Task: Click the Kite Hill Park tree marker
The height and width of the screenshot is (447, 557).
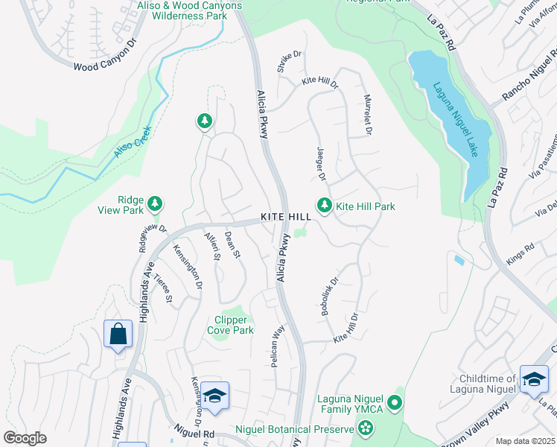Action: click(x=324, y=205)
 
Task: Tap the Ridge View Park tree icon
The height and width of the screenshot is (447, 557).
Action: click(x=155, y=203)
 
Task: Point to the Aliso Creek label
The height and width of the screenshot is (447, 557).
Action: click(x=134, y=142)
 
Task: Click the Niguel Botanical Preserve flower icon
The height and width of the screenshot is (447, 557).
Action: click(x=365, y=428)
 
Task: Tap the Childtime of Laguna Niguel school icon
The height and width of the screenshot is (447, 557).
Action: click(x=534, y=379)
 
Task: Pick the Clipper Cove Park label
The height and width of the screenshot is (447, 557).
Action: click(x=230, y=326)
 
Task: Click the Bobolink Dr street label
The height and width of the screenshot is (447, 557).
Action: click(x=329, y=297)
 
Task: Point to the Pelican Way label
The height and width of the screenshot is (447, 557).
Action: click(x=276, y=345)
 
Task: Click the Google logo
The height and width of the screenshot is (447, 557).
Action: click(x=25, y=438)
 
